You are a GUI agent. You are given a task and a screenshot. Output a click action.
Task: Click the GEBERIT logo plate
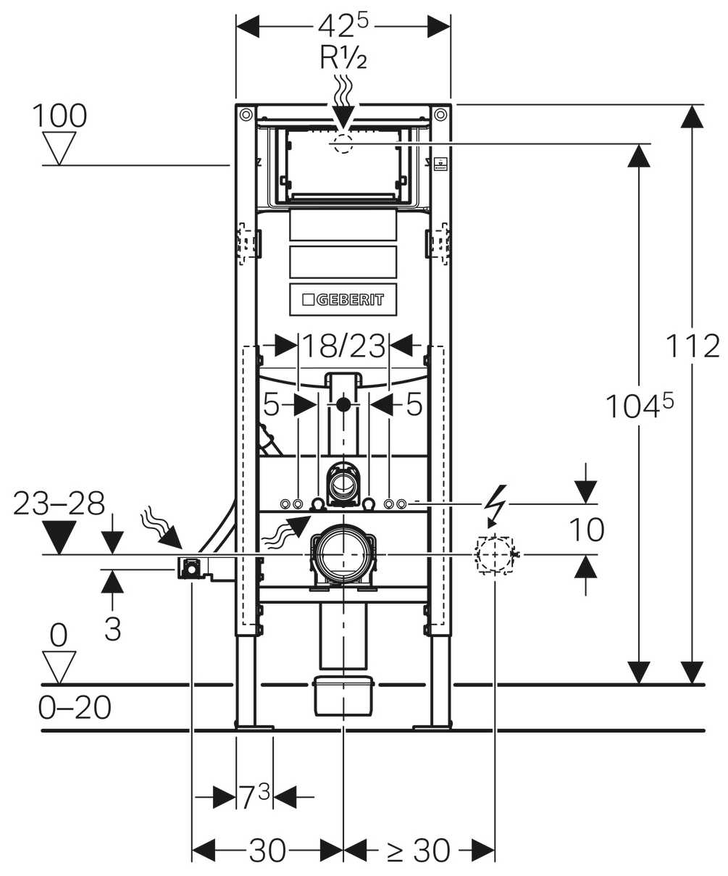pos(343,299)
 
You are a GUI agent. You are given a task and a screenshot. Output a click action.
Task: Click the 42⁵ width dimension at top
pos(343,27)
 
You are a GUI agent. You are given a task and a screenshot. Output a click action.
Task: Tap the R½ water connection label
pos(343,58)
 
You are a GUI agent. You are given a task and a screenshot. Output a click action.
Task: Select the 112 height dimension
pos(693,346)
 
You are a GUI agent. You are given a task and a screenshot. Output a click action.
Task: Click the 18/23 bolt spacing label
pos(343,346)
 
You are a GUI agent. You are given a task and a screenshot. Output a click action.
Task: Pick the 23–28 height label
pos(59,504)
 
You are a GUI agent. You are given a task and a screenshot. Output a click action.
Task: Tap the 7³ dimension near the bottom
pos(255,797)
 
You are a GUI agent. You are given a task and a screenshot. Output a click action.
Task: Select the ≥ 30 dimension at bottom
pos(418,850)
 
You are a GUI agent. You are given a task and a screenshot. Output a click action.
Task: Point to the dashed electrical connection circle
pos(495,554)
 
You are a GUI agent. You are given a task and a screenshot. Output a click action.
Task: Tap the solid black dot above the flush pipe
pos(343,404)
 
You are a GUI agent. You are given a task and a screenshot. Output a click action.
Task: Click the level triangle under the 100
pos(59,147)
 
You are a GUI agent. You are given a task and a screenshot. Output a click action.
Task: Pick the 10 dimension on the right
pos(586,530)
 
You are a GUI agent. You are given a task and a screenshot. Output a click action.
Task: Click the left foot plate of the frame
pos(254,726)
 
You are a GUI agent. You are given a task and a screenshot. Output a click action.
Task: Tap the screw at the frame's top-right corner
pos(440,114)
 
